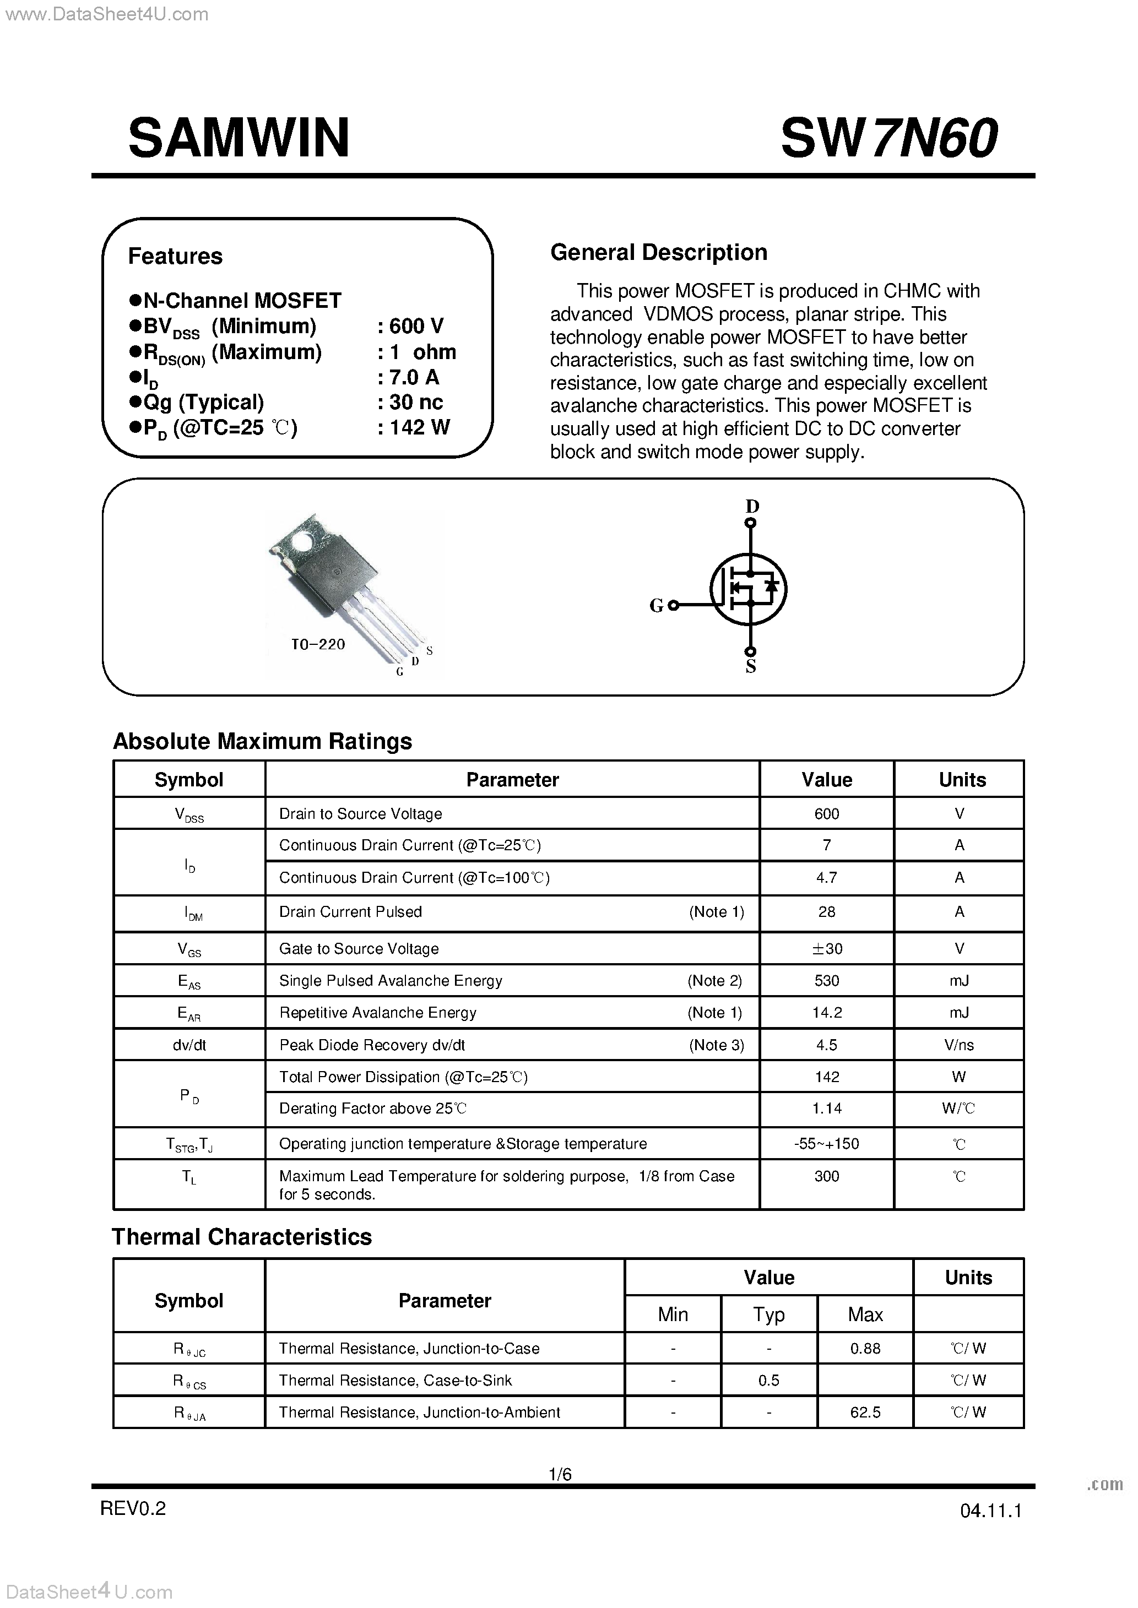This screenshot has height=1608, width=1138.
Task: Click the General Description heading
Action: pyautogui.click(x=658, y=252)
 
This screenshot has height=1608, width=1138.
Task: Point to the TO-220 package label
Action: pyautogui.click(x=318, y=644)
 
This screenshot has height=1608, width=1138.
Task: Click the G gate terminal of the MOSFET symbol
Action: pyautogui.click(x=673, y=606)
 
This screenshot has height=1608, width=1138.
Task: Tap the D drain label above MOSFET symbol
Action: pyautogui.click(x=752, y=506)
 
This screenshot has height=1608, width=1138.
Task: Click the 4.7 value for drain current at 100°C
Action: pyautogui.click(x=826, y=878)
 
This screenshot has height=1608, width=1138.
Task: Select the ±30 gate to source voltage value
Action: pyautogui.click(x=826, y=949)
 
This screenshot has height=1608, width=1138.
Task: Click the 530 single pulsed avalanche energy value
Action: pyautogui.click(x=826, y=980)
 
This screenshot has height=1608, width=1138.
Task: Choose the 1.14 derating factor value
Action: pyautogui.click(x=826, y=1108)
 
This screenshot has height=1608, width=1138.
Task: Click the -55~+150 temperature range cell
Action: pyautogui.click(x=826, y=1144)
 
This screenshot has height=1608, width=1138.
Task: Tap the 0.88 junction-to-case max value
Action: pyautogui.click(x=865, y=1348)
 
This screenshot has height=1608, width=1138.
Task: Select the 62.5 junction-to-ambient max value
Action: pyautogui.click(x=865, y=1412)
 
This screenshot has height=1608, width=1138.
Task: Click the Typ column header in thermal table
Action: pyautogui.click(x=769, y=1314)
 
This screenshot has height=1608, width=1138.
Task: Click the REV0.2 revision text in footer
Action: pyautogui.click(x=133, y=1508)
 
